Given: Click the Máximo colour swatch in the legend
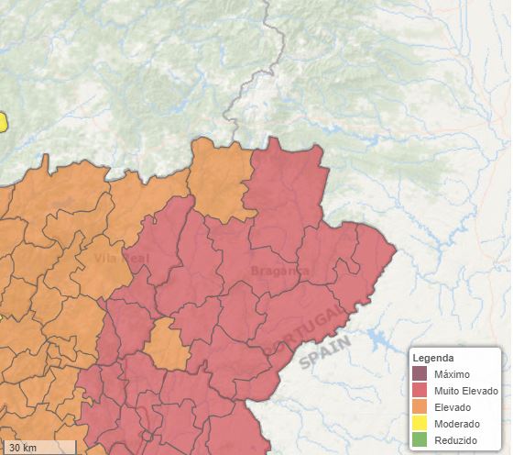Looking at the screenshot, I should click(x=420, y=373).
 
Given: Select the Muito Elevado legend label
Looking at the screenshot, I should click(x=466, y=391).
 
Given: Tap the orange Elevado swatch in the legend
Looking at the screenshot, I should click(x=420, y=407).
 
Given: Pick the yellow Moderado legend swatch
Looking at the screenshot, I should click(x=420, y=424).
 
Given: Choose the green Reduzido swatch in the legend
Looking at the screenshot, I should click(x=420, y=440).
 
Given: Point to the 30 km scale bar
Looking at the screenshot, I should click(x=38, y=448).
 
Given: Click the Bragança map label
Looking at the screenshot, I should click(x=279, y=271).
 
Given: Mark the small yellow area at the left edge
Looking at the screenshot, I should click(x=3, y=121).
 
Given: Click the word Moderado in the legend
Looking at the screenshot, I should click(x=458, y=424).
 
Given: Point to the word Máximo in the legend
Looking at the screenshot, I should click(x=453, y=374).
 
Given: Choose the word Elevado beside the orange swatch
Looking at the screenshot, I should click(x=455, y=407).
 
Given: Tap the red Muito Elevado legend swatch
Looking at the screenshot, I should click(x=420, y=391).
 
